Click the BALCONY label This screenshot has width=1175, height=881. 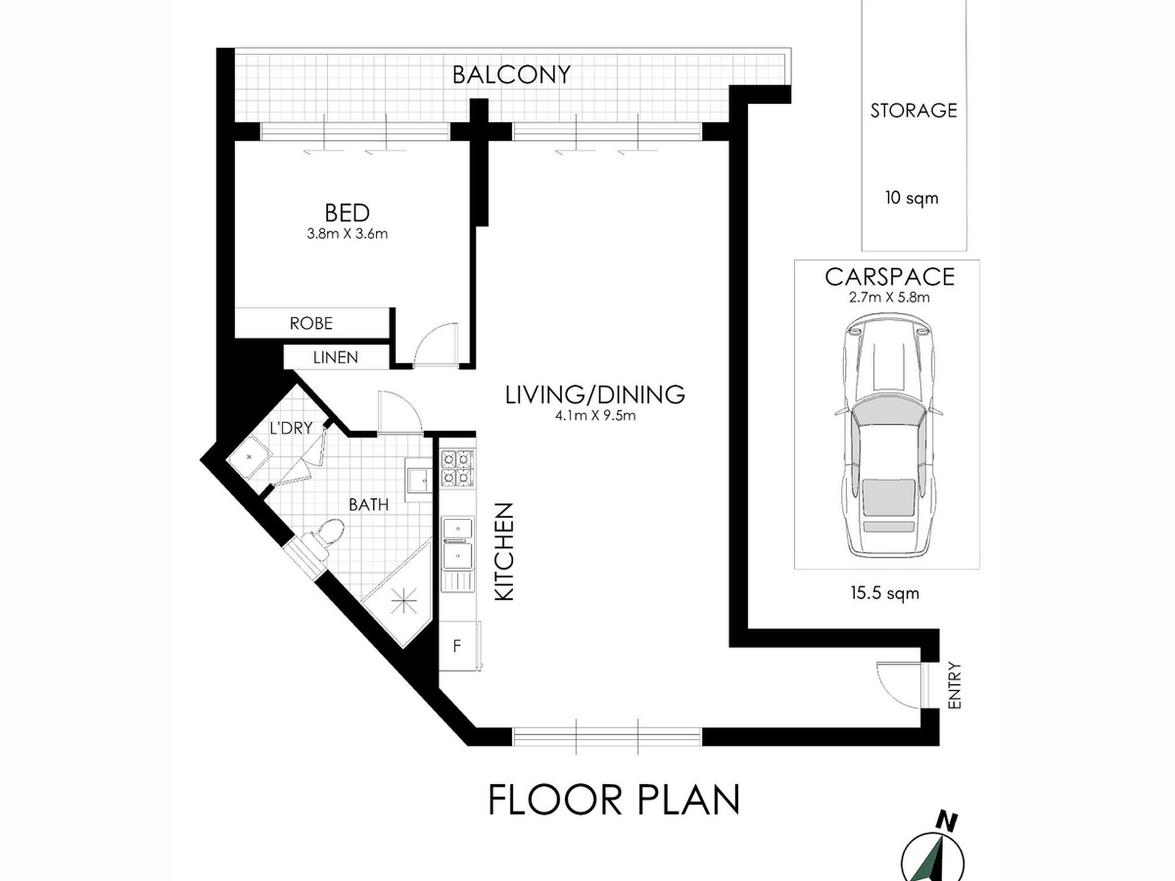point(511,75)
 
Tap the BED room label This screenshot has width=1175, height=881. point(347,213)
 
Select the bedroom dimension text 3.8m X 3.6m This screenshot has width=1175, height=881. point(347,234)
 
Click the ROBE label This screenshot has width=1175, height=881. point(311,323)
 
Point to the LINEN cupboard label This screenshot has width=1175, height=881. point(335,357)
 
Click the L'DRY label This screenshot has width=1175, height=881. point(291,428)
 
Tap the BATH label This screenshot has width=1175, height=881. point(369,505)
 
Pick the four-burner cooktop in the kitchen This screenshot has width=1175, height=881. point(457,468)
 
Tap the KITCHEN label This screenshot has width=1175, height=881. point(505,551)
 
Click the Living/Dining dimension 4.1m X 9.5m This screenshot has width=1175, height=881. point(595,416)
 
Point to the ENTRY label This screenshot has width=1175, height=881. point(954,685)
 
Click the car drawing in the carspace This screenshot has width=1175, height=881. point(887,435)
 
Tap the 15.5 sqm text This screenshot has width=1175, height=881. point(884,594)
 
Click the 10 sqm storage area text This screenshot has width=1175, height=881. point(912,198)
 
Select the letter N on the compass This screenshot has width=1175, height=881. point(946,822)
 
